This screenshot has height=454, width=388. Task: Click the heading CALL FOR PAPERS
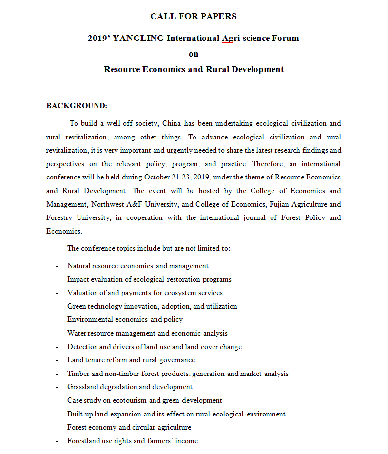coord(194,16)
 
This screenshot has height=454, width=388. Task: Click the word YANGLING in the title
coord(138,38)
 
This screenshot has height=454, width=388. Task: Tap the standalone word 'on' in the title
coord(194,54)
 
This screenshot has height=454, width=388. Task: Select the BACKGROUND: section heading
coord(77,106)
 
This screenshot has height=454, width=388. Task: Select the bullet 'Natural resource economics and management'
coord(138,266)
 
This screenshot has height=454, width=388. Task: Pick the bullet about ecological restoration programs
coord(149,279)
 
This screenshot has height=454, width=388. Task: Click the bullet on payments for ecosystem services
coord(145,293)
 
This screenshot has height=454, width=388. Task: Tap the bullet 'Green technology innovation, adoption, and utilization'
coord(152,306)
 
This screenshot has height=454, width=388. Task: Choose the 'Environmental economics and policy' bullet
coord(125,319)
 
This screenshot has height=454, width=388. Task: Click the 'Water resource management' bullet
coord(147,333)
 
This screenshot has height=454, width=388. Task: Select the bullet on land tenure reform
coord(131,360)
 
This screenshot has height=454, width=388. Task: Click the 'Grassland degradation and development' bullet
coord(130,387)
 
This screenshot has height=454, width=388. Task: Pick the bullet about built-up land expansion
coord(176,414)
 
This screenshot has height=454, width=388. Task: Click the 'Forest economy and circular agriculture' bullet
coord(129,427)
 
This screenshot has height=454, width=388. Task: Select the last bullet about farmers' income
coord(133,441)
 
